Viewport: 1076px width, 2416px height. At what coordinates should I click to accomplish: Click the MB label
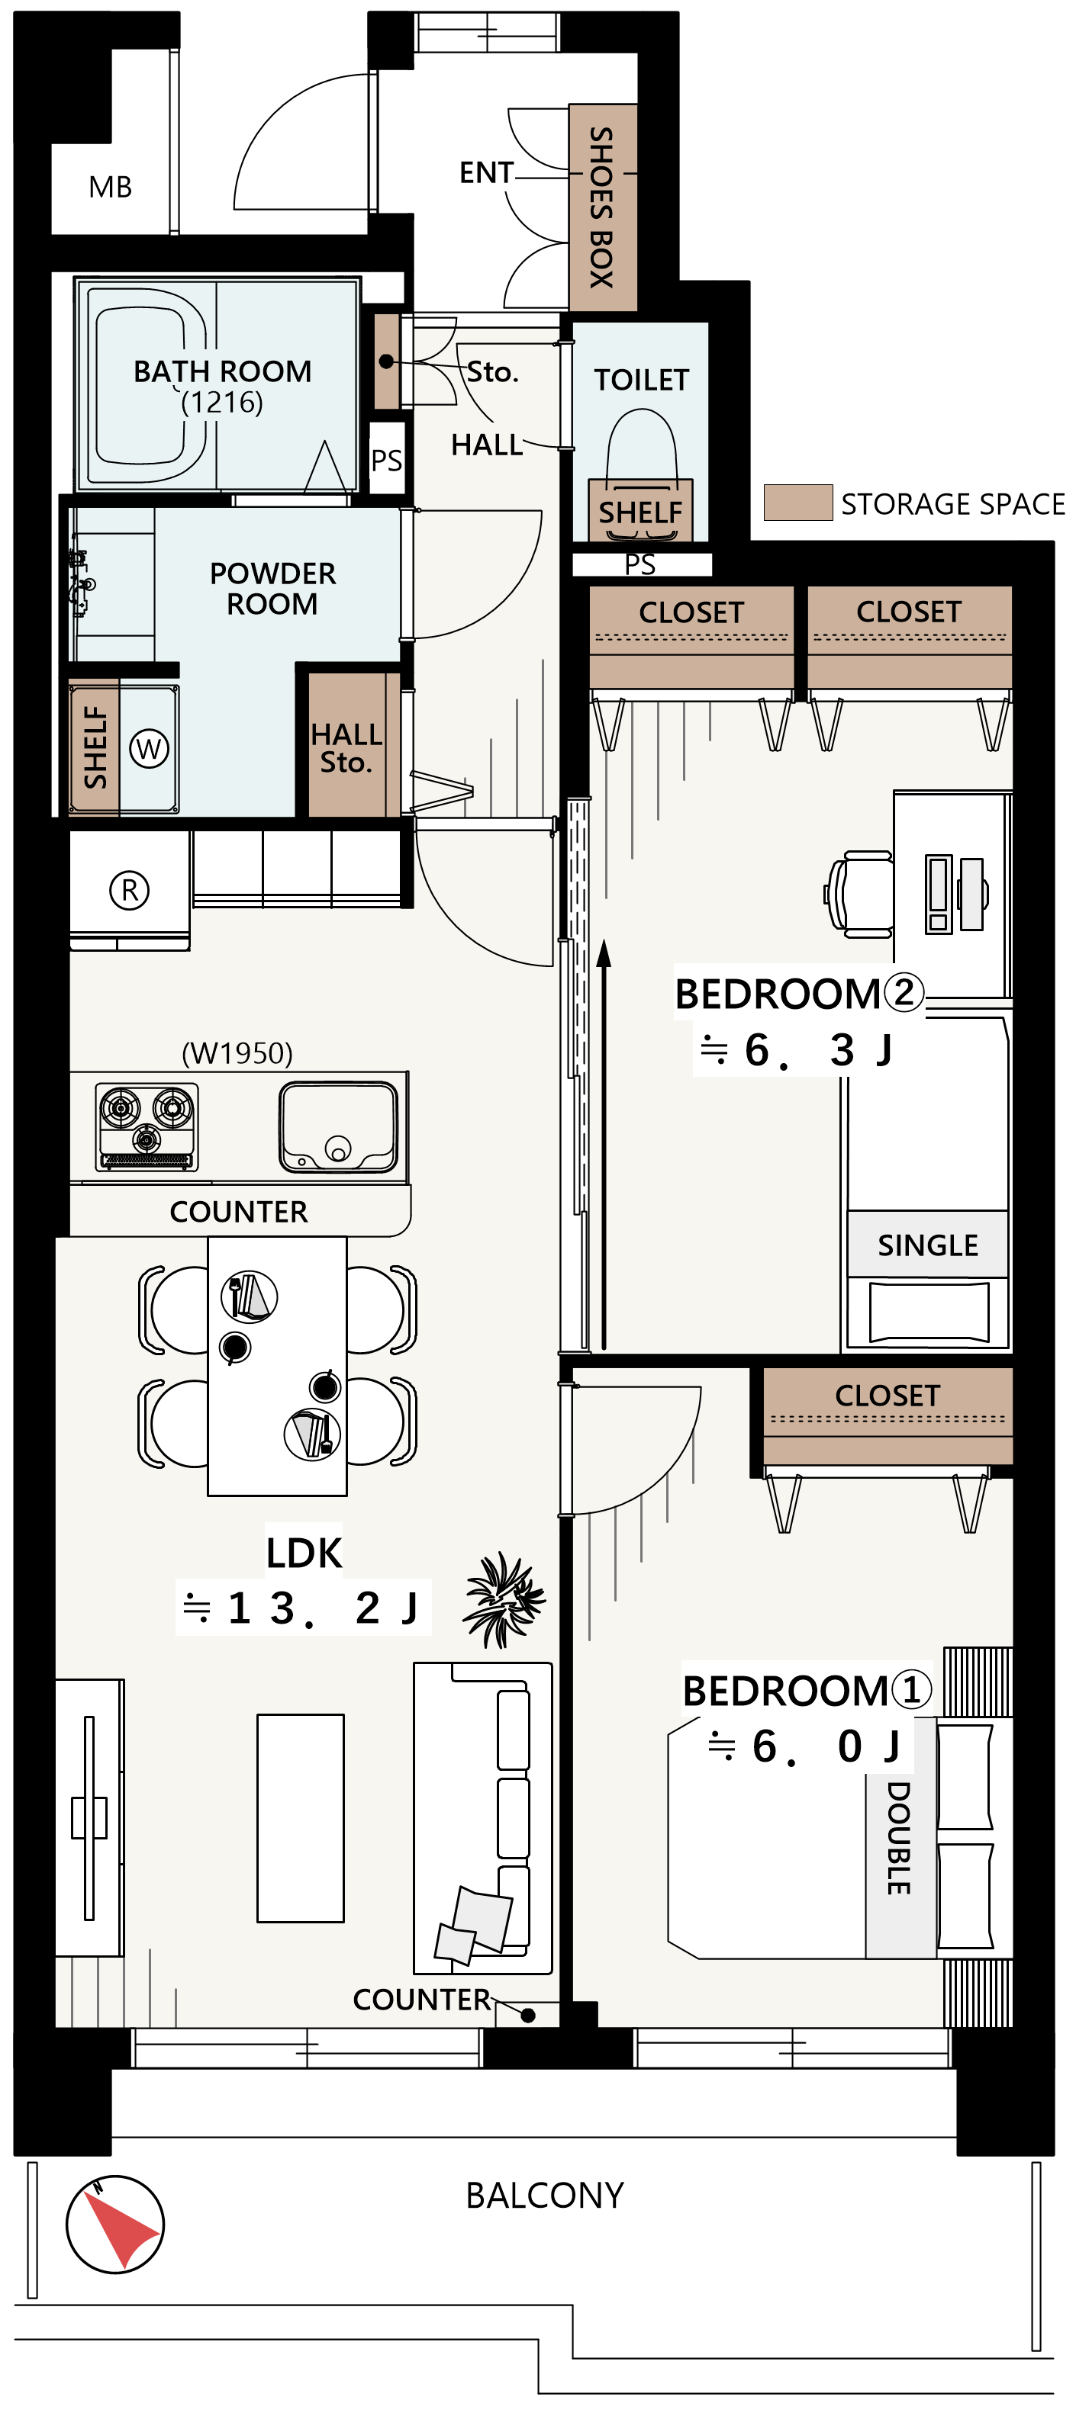tap(110, 188)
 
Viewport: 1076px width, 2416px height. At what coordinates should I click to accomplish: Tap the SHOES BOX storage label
tap(601, 207)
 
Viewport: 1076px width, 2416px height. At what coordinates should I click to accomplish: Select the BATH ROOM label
tap(222, 371)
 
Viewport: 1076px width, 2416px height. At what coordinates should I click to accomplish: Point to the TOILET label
tap(642, 380)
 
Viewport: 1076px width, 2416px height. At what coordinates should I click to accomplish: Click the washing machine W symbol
tap(149, 748)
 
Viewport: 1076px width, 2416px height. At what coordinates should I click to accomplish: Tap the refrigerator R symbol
tap(130, 889)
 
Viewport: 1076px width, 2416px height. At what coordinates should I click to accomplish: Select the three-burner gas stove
tap(147, 1126)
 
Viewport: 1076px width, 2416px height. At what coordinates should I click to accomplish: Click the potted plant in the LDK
tap(504, 1599)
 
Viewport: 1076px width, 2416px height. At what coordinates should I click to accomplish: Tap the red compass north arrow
tap(121, 2225)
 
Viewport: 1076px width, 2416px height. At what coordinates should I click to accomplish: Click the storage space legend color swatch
tap(797, 503)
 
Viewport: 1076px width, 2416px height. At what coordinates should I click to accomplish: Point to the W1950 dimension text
tap(237, 1053)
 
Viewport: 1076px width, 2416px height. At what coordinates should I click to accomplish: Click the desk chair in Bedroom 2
tap(859, 894)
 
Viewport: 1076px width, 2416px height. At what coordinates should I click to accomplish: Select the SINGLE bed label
tap(928, 1245)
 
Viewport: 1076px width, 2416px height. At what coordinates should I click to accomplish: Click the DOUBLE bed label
tap(899, 1838)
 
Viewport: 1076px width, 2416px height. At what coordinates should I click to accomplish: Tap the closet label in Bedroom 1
tap(888, 1396)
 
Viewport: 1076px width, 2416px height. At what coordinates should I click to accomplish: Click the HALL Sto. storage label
tap(346, 747)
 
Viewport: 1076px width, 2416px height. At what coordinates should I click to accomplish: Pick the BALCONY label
tap(545, 2196)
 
